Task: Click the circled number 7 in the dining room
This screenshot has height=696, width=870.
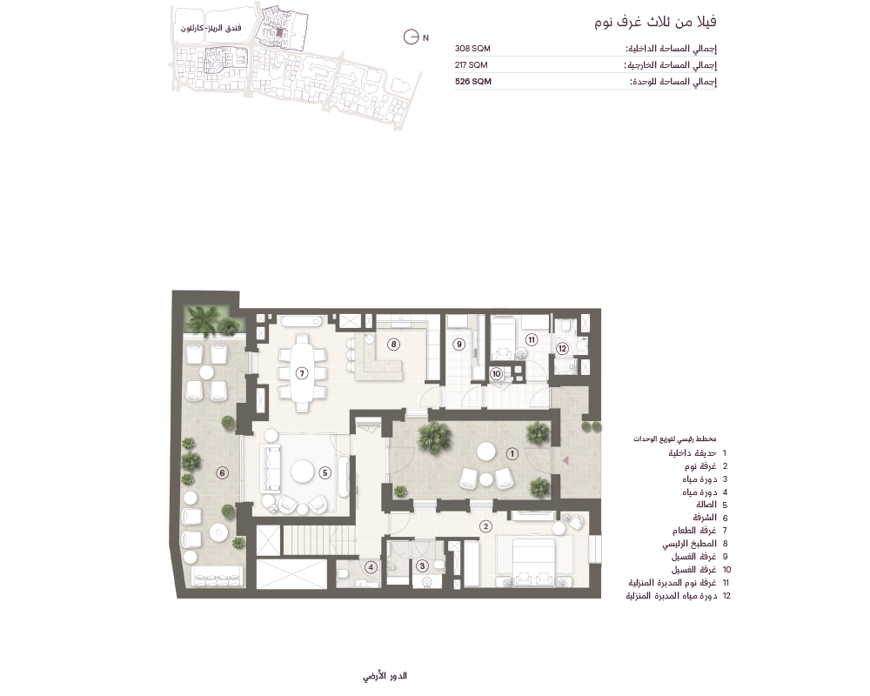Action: pyautogui.click(x=302, y=373)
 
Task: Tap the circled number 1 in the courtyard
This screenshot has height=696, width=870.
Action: pyautogui.click(x=512, y=454)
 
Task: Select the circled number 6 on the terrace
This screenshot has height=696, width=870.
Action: pyautogui.click(x=222, y=473)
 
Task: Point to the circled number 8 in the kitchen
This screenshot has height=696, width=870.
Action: pyautogui.click(x=393, y=345)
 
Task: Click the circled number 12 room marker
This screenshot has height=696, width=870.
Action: pyautogui.click(x=562, y=349)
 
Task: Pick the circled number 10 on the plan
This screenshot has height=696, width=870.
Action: pyautogui.click(x=496, y=373)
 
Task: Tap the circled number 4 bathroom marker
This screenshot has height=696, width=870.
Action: pyautogui.click(x=371, y=567)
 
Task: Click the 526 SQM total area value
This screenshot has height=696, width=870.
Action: pyautogui.click(x=472, y=81)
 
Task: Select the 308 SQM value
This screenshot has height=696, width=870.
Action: pyautogui.click(x=472, y=49)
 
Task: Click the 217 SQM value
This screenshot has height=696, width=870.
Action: pyautogui.click(x=471, y=65)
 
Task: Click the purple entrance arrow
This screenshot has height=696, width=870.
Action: pyautogui.click(x=565, y=460)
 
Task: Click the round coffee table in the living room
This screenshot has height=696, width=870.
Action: pyautogui.click(x=303, y=472)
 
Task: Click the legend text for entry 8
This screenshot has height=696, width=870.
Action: pyautogui.click(x=689, y=544)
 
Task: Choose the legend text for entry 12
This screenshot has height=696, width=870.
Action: pyautogui.click(x=672, y=596)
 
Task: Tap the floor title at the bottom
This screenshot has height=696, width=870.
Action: pyautogui.click(x=385, y=676)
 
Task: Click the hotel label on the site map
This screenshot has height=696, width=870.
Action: pyautogui.click(x=211, y=28)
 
